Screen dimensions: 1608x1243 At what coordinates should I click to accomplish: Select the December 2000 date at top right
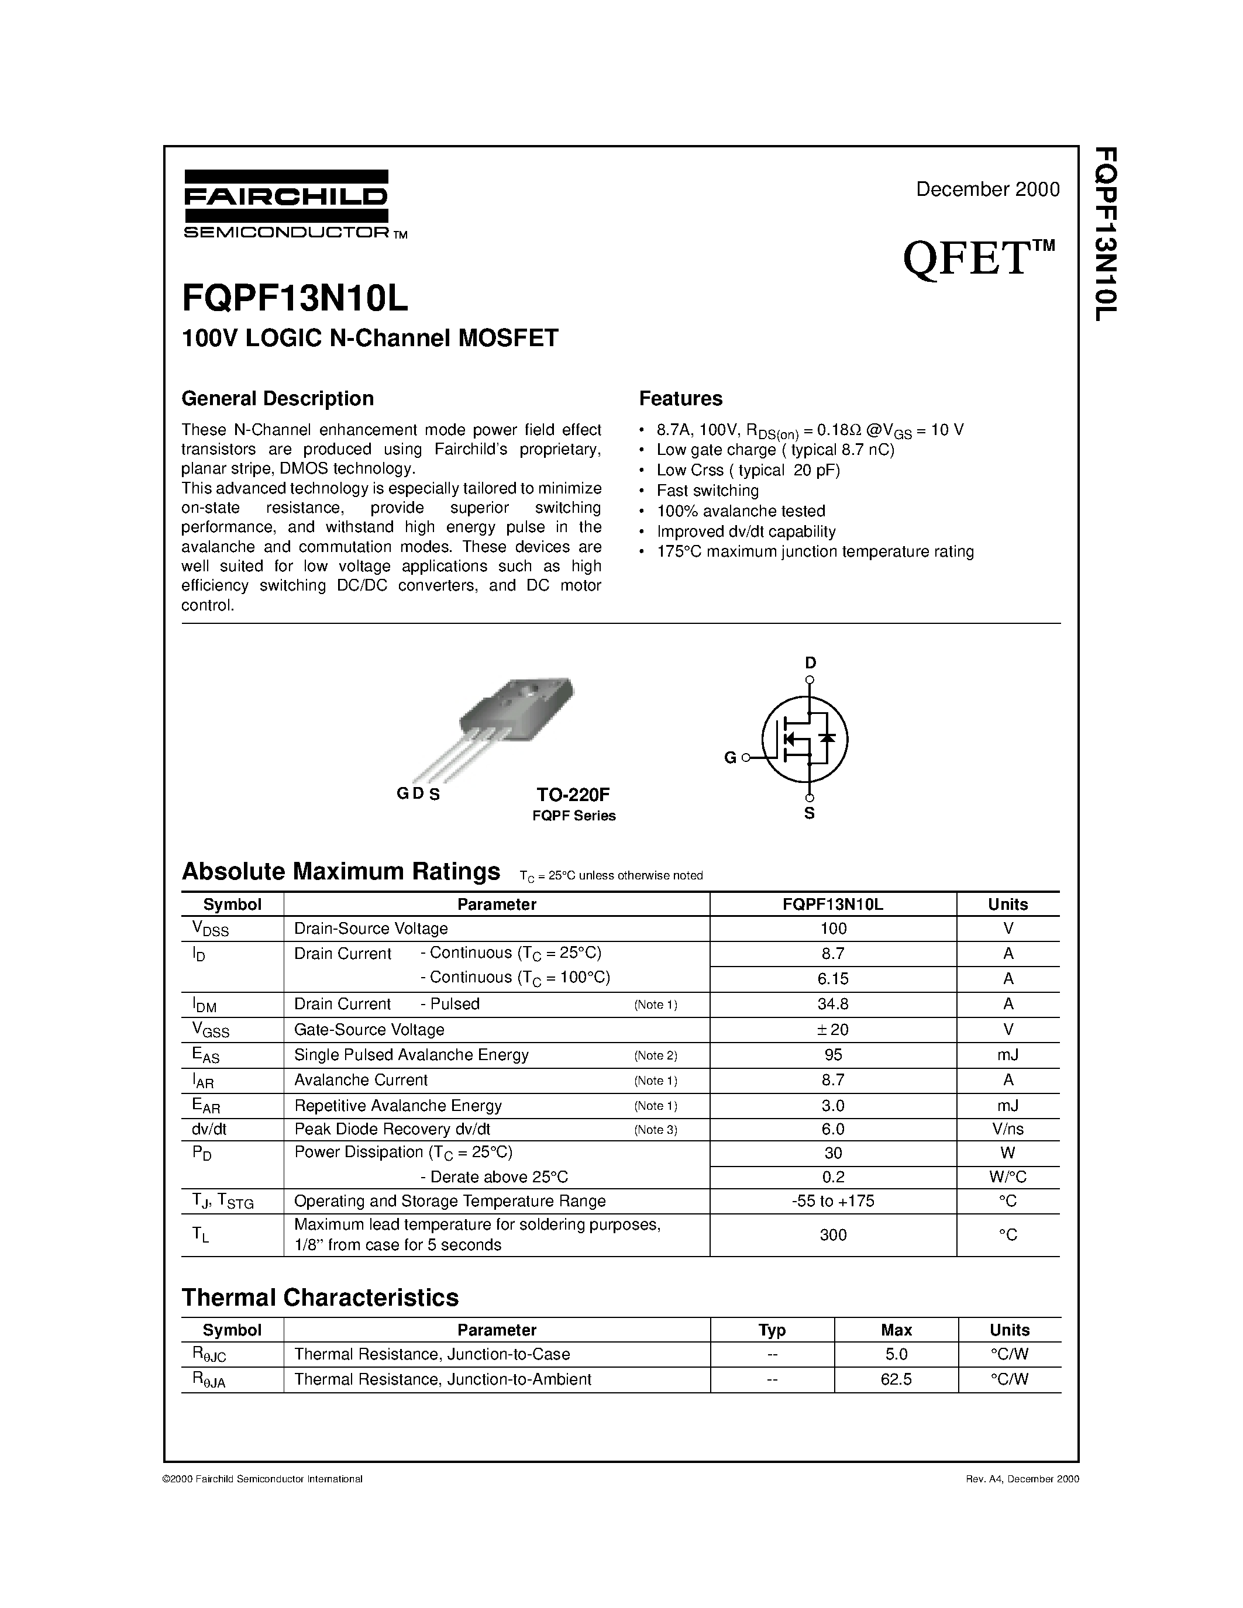click(x=987, y=189)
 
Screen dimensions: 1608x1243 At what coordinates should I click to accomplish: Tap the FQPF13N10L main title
click(x=295, y=299)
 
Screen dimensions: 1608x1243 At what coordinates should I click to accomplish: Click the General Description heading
click(x=278, y=398)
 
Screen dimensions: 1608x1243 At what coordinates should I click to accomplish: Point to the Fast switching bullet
click(x=707, y=491)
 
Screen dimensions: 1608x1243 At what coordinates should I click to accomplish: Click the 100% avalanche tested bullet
click(x=740, y=511)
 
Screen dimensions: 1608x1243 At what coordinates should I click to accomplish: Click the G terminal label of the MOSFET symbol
click(x=730, y=758)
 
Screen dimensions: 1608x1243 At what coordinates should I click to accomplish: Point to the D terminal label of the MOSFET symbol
click(x=810, y=662)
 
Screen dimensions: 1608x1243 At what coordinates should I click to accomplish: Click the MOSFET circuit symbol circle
click(x=805, y=739)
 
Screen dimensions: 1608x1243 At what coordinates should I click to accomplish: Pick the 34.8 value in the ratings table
click(x=832, y=1004)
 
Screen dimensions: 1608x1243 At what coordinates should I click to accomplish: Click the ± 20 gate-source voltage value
click(x=832, y=1029)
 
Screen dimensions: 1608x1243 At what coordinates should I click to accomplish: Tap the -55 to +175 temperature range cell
click(x=832, y=1201)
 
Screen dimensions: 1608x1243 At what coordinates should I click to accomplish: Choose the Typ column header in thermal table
click(x=772, y=1330)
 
